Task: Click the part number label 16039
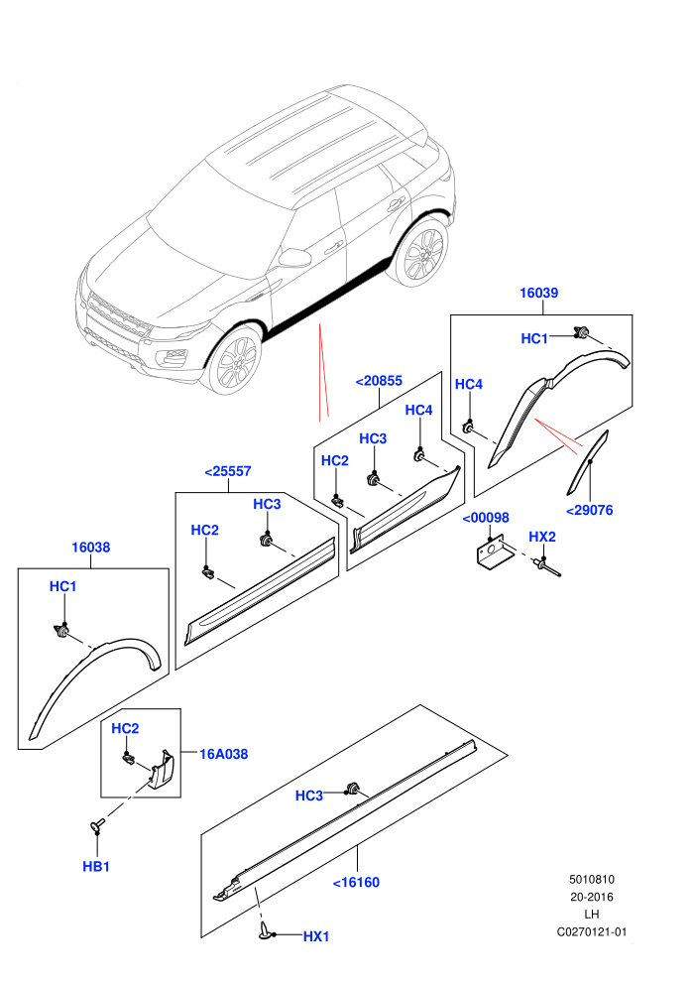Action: (x=538, y=293)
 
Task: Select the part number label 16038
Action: (x=91, y=548)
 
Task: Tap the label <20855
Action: (x=379, y=381)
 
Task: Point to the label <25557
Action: (x=228, y=471)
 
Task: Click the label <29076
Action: (x=590, y=510)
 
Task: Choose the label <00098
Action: (x=486, y=518)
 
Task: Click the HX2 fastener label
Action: (x=542, y=537)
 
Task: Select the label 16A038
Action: (x=223, y=754)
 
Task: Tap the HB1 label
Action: (x=96, y=867)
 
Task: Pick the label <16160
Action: (x=356, y=883)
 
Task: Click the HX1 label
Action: (x=316, y=936)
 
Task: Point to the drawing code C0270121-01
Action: (x=592, y=931)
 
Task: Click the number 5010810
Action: (x=592, y=879)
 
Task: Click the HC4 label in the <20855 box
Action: (x=418, y=411)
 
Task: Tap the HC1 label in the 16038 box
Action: (x=62, y=587)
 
